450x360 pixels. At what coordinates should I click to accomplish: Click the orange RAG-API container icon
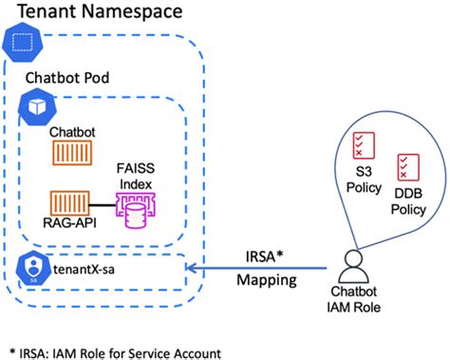[x=68, y=202]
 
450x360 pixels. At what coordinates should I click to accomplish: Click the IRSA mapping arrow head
[x=190, y=269]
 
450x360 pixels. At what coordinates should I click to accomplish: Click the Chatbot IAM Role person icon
[x=355, y=261]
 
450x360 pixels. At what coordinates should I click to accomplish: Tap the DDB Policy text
[x=410, y=200]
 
